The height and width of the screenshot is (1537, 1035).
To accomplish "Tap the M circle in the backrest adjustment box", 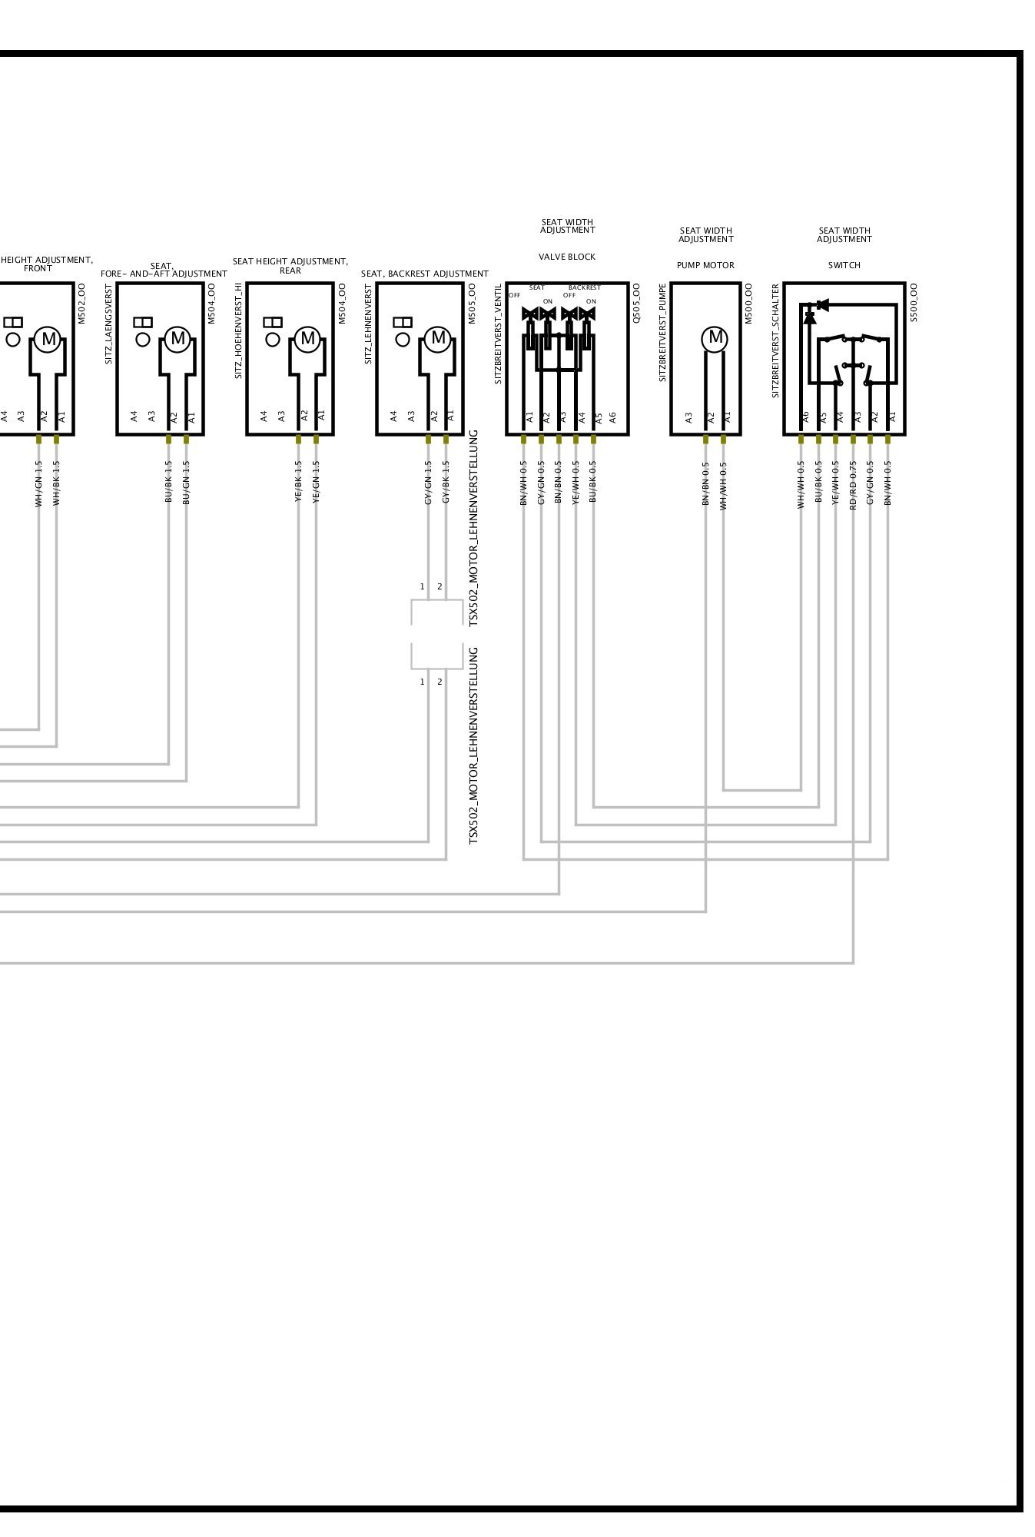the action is pos(438,337).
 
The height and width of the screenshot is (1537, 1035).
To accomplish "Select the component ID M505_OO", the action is pos(473,304).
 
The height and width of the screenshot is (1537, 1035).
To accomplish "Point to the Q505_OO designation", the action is pos(636,303).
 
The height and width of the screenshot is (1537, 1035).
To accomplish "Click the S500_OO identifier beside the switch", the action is pos(914,303).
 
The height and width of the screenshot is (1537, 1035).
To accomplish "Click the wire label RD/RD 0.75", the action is pos(853,486).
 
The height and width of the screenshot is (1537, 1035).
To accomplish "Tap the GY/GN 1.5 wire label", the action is pos(428,483).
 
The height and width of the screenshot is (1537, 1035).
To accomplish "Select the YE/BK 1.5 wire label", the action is pos(298,483).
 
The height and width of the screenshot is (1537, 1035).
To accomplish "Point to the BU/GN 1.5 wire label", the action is pos(186,483).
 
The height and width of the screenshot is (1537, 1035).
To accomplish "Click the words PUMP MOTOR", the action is pos(705,265).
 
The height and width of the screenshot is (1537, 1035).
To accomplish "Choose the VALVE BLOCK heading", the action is pos(567,257).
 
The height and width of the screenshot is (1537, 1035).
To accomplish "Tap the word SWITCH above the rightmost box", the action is pos(844,265).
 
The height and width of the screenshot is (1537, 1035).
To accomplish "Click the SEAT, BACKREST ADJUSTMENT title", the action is pos(425,274).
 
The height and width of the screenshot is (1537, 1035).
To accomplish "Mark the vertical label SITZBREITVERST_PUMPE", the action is pos(663,333).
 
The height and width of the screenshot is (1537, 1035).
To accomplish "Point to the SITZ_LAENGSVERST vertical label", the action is pos(109,324).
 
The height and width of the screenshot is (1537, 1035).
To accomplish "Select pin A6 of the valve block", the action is pos(612,417).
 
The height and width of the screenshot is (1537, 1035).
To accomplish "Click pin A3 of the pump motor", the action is pos(688,417).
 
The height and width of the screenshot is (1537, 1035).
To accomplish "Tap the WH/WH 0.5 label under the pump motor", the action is pos(723,486).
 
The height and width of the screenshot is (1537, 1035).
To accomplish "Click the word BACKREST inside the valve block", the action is pos(585,287).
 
